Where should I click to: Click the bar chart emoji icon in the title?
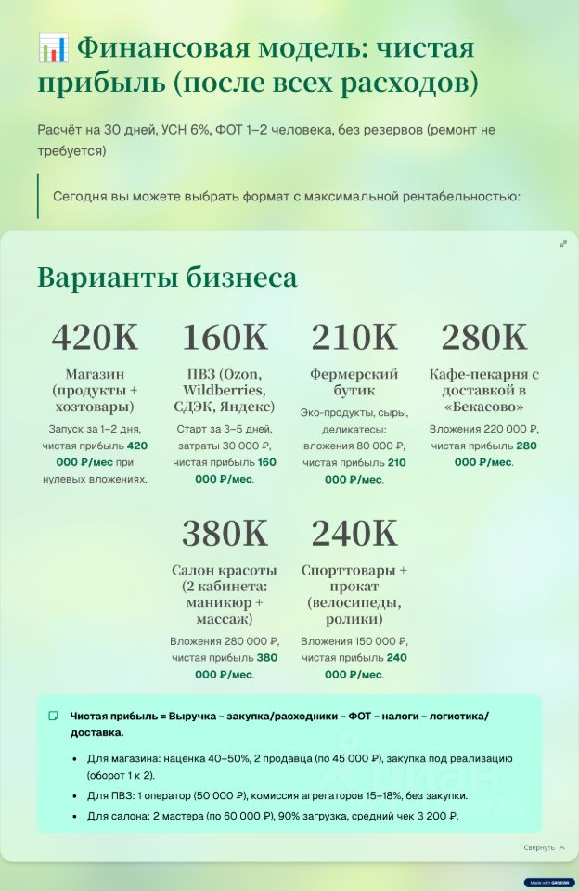point(53,47)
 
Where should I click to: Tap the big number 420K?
point(95,338)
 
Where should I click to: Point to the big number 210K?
point(354,338)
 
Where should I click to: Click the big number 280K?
point(483,338)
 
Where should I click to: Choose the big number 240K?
point(354,534)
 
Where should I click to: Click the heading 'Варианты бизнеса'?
point(167,278)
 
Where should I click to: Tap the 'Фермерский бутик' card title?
point(354,382)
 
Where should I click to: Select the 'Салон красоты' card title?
point(224,569)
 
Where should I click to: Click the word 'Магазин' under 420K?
point(95,374)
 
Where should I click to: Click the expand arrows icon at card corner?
point(563,244)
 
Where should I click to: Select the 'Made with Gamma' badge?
point(549,883)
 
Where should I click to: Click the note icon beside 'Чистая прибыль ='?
point(54,716)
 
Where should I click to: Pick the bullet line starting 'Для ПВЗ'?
point(277,795)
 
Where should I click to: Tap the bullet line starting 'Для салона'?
point(273,816)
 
